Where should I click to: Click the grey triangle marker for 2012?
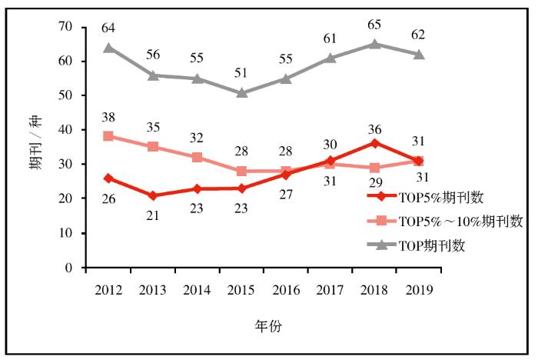109,48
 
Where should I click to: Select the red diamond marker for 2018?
374,143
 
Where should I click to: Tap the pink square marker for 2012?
109,136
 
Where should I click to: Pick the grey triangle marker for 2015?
241,92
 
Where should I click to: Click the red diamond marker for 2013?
153,195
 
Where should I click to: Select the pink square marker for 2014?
198,157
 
